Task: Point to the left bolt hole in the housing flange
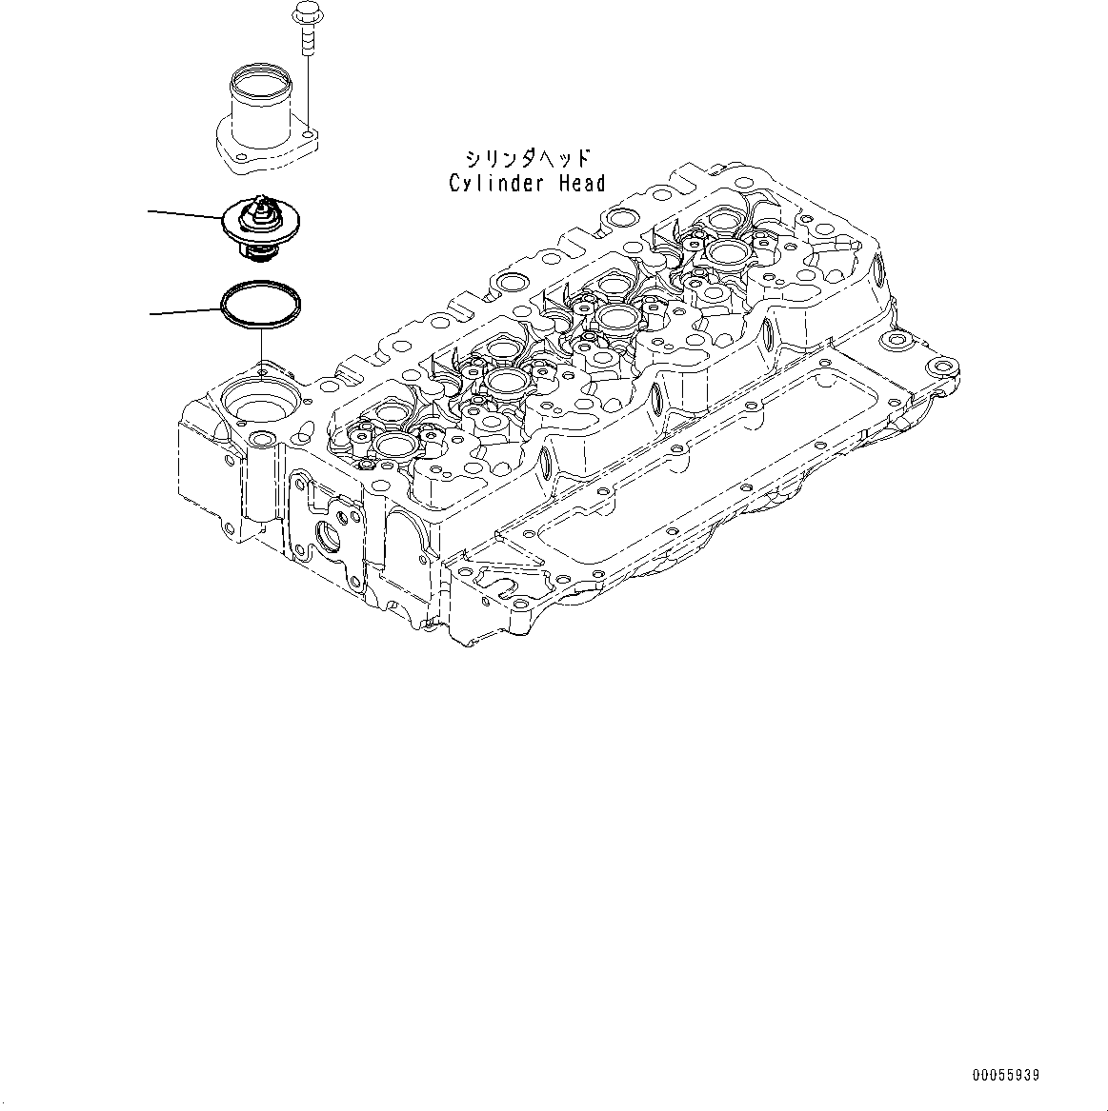tap(238, 157)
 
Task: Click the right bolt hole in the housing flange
tap(308, 140)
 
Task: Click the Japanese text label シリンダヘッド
tap(526, 158)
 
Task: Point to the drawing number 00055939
tap(1005, 1075)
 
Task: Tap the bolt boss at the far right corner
tap(943, 367)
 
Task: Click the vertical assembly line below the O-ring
tap(259, 348)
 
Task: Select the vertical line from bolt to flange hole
tap(308, 95)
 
